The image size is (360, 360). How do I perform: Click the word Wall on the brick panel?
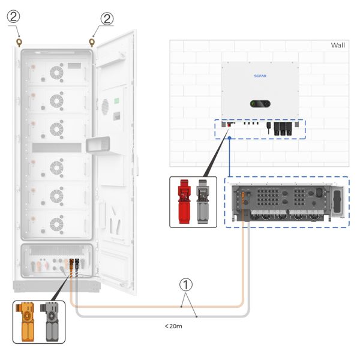click(x=338, y=45)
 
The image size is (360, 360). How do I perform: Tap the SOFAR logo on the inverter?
click(x=260, y=76)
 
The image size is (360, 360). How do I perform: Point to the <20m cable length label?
click(x=173, y=326)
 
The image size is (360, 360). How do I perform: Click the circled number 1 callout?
click(x=186, y=284)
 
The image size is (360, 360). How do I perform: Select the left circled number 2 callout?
click(x=14, y=17)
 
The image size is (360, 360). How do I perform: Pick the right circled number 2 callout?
click(x=107, y=19)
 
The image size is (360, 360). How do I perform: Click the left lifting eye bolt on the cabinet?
click(x=19, y=43)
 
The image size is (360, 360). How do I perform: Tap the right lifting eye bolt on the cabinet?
click(x=92, y=43)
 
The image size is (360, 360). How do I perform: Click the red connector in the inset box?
click(x=184, y=202)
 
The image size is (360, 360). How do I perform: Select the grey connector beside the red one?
click(x=203, y=202)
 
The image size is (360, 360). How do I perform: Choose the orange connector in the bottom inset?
click(x=26, y=322)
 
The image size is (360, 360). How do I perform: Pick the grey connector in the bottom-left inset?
click(x=50, y=322)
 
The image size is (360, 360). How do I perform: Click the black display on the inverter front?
click(x=260, y=104)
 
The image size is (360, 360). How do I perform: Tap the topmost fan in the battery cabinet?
click(x=56, y=73)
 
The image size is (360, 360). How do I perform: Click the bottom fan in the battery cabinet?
click(x=56, y=224)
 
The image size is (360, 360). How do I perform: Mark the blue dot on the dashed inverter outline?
click(x=229, y=138)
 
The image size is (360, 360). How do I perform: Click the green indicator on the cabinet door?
click(x=116, y=101)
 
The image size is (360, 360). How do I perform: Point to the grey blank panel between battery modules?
click(x=57, y=148)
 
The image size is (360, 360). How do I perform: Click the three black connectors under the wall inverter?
click(x=283, y=128)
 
